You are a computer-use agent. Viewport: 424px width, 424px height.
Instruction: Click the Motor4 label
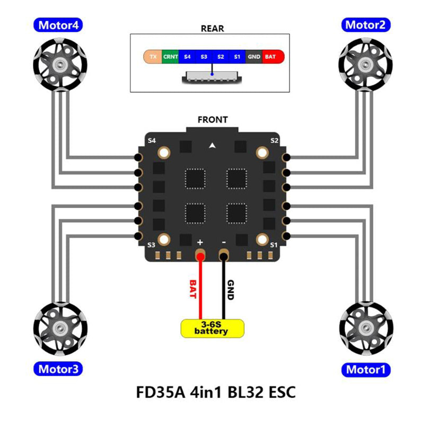coord(58,25)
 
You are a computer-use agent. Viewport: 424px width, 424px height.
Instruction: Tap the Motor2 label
coord(367,25)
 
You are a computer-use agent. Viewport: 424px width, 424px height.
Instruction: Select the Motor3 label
coord(58,369)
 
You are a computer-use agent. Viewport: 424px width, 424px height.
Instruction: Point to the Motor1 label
coord(367,369)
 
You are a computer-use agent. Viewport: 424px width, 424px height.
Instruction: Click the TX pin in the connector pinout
coord(153,56)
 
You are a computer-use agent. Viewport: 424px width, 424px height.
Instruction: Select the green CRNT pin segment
coord(170,56)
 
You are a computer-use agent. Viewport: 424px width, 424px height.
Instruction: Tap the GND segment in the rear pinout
coord(254,56)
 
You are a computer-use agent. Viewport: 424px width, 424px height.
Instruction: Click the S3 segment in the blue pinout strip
coord(204,56)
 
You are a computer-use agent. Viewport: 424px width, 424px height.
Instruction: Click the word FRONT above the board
coord(213,120)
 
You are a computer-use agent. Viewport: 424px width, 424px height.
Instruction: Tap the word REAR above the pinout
coord(212,29)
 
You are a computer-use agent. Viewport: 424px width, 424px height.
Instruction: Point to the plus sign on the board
coord(200,241)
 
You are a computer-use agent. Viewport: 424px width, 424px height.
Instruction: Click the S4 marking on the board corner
coord(152,140)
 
